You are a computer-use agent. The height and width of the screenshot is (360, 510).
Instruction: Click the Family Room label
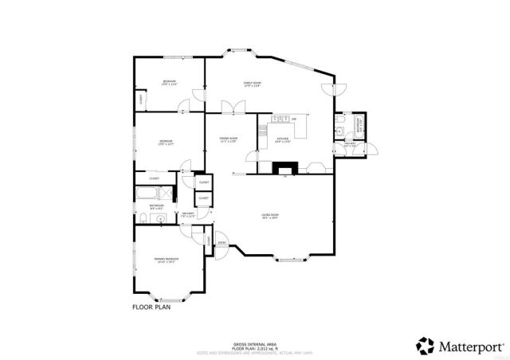pos(253,84)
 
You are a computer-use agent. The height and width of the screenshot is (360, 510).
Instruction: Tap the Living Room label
pos(270,216)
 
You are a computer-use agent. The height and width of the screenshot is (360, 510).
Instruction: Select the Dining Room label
pos(229,140)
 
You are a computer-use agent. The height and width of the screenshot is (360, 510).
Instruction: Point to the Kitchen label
pos(283,140)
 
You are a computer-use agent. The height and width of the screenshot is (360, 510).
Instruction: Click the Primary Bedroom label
pos(166,260)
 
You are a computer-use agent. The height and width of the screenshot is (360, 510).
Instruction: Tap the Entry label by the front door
pos(222,243)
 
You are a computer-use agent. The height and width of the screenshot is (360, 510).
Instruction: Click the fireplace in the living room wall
pos(284,168)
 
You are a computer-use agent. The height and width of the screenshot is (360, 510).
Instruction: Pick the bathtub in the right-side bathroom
pos(358,124)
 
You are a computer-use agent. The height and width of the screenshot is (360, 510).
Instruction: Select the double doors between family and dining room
pos(229,106)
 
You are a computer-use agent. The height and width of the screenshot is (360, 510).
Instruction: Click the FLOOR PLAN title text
pos(151,306)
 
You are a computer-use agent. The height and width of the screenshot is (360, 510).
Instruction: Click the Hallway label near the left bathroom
pos(189,215)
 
